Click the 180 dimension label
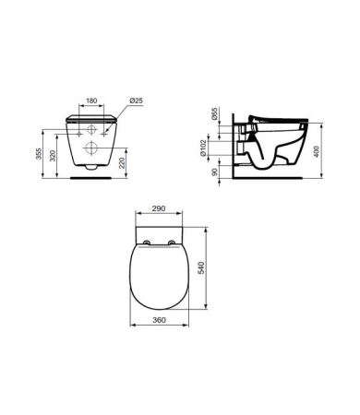[91, 101]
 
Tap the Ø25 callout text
[136, 101]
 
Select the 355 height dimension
[39, 154]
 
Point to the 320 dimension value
[53, 156]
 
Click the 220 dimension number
[122, 162]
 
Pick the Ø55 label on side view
[214, 113]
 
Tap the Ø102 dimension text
[203, 148]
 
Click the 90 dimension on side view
[215, 172]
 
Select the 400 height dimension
[317, 151]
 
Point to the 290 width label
[159, 208]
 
